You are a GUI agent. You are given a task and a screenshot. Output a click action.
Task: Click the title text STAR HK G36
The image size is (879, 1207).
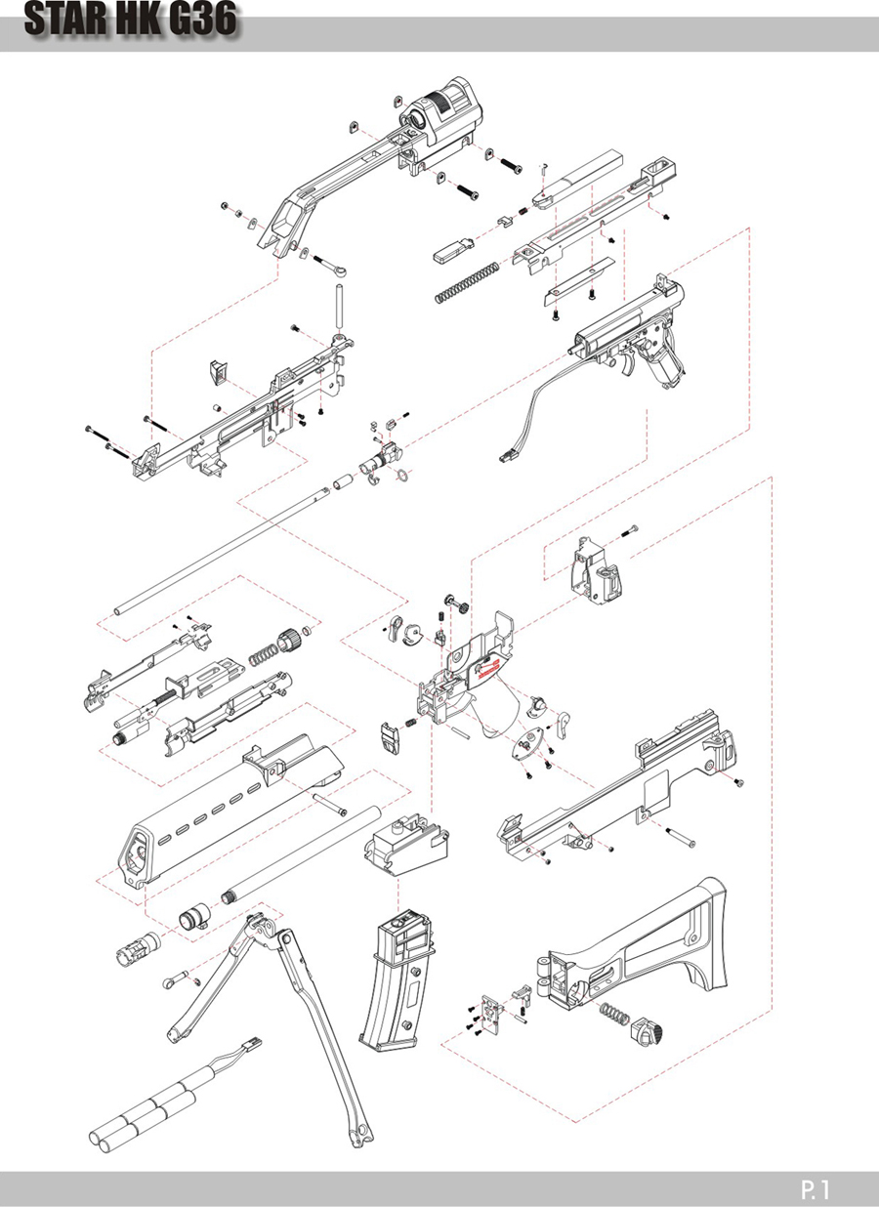[131, 20]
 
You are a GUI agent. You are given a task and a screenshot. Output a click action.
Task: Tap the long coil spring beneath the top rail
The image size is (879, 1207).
[467, 282]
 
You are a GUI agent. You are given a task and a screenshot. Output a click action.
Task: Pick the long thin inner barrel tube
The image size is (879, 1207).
[221, 551]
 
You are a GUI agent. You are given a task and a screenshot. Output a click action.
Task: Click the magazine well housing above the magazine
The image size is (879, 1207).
[406, 846]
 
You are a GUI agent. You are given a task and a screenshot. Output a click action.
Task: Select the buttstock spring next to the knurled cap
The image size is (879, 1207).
[614, 1013]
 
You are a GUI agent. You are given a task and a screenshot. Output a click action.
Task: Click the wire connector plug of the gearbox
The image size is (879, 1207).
[508, 457]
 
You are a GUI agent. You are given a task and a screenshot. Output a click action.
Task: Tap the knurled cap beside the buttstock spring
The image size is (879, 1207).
[647, 1029]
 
